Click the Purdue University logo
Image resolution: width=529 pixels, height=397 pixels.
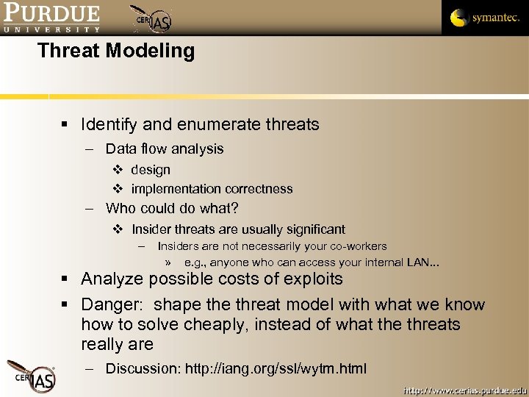point(51,18)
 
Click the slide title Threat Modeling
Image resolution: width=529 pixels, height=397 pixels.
point(116,51)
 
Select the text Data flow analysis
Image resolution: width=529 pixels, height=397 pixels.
point(165,149)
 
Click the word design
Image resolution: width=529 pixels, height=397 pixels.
point(151,170)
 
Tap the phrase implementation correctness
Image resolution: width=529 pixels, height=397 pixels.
point(212,189)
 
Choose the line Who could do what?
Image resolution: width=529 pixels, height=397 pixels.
point(172,208)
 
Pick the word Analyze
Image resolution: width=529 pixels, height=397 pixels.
point(112,279)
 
